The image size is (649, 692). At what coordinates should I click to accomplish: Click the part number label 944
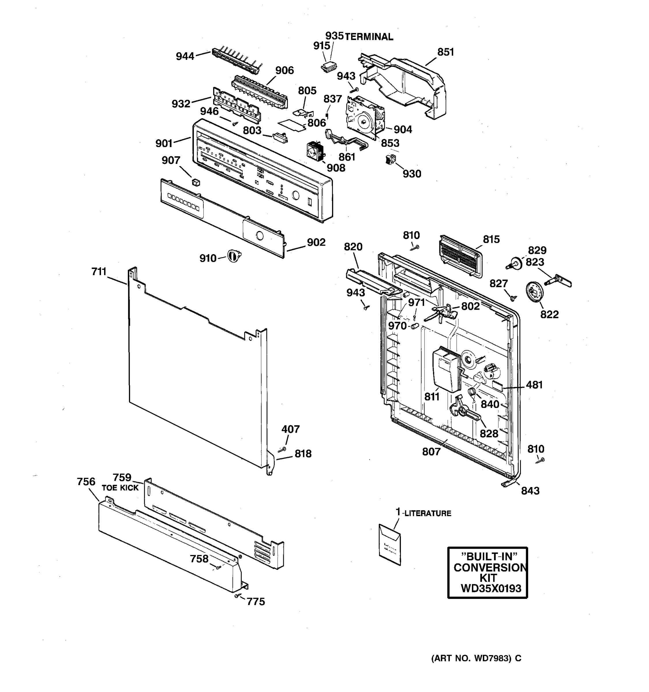tap(185, 56)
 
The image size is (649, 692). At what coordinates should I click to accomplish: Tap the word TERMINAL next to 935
tap(369, 37)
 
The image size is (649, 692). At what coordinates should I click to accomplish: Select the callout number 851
tap(445, 52)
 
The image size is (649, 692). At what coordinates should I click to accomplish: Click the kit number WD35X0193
tap(491, 588)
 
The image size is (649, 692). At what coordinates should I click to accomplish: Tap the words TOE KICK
tap(120, 488)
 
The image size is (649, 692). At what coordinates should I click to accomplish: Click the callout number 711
tap(99, 272)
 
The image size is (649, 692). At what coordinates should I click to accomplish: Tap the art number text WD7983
tap(491, 658)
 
